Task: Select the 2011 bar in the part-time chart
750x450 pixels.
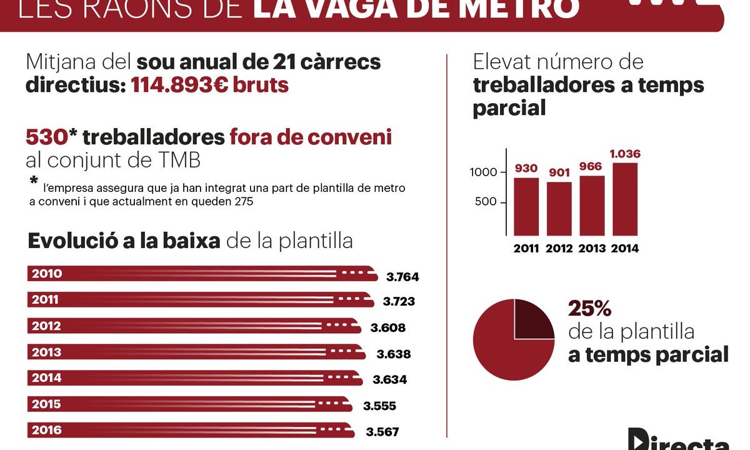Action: (x=526, y=206)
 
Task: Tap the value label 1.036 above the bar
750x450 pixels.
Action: (x=624, y=154)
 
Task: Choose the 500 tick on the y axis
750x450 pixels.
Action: (x=487, y=202)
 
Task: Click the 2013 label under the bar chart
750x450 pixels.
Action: (x=592, y=248)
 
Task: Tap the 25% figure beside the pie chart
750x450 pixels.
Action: (x=589, y=309)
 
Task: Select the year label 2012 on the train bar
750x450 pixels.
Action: (x=46, y=326)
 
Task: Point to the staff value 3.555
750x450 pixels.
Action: (x=379, y=406)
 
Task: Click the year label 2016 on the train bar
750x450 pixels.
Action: (x=46, y=431)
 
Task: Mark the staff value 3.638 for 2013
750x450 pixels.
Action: (x=394, y=354)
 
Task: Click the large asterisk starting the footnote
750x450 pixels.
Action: (x=34, y=182)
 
